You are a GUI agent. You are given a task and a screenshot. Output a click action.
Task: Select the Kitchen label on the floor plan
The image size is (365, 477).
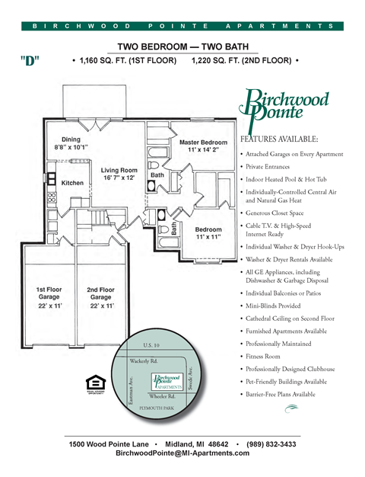tap(72, 183)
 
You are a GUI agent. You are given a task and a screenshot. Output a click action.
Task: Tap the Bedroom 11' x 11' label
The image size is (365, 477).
tap(208, 233)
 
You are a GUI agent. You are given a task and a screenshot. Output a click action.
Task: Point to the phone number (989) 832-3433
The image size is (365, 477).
tap(268, 443)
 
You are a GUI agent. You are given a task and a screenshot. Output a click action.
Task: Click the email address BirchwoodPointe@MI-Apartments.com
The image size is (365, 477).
tap(182, 453)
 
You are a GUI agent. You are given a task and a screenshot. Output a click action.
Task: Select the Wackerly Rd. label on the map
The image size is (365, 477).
tap(144, 360)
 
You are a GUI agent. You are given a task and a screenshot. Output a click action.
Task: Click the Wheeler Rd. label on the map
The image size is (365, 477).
tap(161, 397)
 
